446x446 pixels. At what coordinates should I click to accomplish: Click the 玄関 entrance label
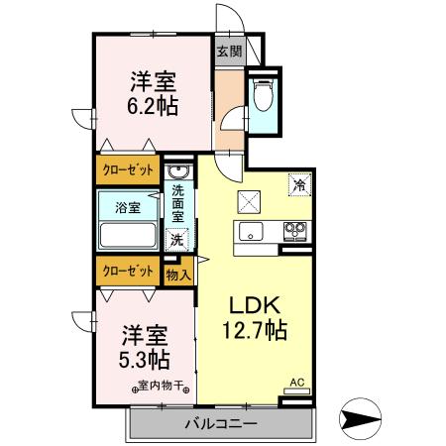tap(229, 52)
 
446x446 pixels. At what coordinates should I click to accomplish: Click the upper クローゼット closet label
tap(128, 171)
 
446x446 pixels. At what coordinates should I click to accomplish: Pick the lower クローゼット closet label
tap(128, 271)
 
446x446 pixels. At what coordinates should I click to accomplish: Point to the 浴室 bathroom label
tap(128, 208)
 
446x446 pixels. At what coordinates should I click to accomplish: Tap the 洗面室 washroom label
tap(178, 202)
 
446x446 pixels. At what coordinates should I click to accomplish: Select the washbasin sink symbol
tap(177, 172)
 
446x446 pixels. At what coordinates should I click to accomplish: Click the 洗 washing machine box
tap(176, 239)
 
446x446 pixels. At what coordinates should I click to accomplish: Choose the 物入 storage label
tap(179, 274)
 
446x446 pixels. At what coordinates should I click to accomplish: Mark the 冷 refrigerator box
tap(298, 183)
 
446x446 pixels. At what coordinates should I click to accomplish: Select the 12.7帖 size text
tap(255, 331)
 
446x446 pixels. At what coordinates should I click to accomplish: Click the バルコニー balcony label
tap(220, 424)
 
